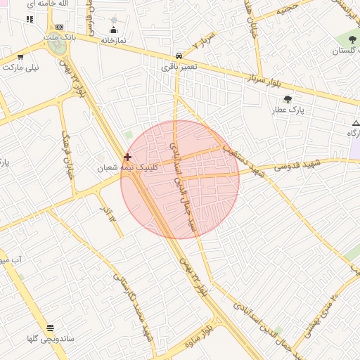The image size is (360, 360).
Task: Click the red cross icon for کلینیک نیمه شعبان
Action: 127,157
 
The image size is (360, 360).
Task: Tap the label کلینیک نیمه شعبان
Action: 128,168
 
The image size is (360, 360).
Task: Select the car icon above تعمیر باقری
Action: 179,56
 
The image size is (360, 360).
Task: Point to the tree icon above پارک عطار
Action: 288,99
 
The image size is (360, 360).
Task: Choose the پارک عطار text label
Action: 288,110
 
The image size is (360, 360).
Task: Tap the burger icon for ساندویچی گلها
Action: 51,328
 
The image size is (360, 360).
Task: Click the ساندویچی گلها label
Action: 51,338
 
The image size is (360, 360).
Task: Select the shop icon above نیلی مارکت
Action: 20,57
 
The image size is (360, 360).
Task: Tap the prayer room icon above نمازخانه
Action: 113,30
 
